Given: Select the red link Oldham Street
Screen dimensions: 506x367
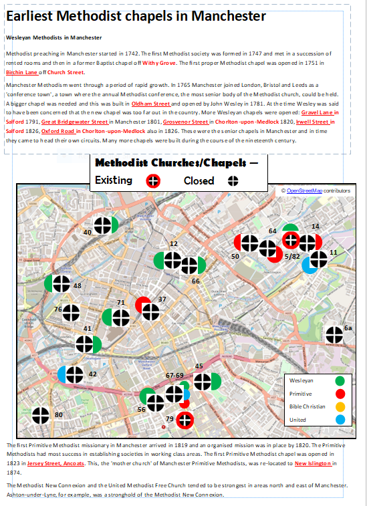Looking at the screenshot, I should pos(151,104).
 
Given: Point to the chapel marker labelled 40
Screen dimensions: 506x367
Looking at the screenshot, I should pos(103,227).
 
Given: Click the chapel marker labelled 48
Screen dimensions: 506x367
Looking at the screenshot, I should pos(61,284).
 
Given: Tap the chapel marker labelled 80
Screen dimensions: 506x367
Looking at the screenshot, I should pos(41,416).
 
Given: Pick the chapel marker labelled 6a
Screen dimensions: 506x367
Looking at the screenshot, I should pos(333,336).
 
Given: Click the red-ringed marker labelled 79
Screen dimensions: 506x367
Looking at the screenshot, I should pos(185,420).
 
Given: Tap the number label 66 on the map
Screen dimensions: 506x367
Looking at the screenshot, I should pos(196,281).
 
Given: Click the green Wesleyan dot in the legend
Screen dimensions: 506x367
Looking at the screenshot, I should pos(340,380).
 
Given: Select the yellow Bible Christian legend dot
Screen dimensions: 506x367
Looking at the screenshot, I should pos(340,406).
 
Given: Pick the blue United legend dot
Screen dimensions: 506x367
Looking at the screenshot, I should pos(340,420).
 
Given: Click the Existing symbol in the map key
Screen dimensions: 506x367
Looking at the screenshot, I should pos(153,180).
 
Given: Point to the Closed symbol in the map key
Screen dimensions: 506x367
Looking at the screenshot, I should pos(233,180).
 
